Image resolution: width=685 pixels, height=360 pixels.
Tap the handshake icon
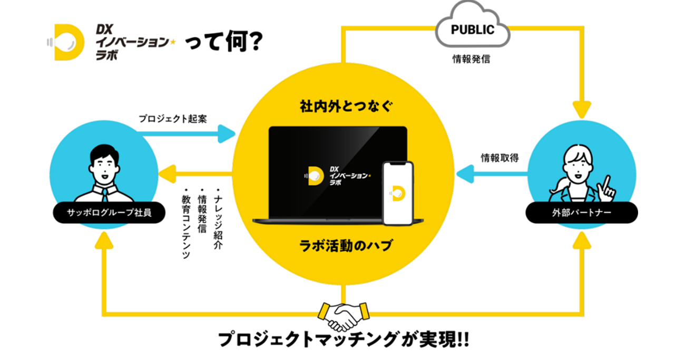click(x=344, y=317)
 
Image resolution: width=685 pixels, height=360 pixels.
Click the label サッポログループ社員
click(x=109, y=212)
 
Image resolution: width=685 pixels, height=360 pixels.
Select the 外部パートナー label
click(x=581, y=212)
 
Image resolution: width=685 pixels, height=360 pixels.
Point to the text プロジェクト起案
click(x=173, y=119)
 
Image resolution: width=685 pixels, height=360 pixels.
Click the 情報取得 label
click(x=500, y=158)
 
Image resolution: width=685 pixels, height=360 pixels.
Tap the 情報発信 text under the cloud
click(x=471, y=59)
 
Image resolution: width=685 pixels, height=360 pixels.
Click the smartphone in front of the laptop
click(x=398, y=193)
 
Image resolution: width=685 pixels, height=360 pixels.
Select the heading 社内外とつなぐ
click(x=346, y=106)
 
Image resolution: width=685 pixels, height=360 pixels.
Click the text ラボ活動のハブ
click(x=346, y=246)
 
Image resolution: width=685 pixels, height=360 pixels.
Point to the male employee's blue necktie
click(x=104, y=195)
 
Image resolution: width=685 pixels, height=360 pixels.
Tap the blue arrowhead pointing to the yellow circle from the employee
click(x=226, y=134)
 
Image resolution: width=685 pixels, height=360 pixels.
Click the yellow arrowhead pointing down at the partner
click(x=582, y=110)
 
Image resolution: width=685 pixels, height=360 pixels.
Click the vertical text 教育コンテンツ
click(x=186, y=224)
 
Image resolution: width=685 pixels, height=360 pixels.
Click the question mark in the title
click(x=253, y=41)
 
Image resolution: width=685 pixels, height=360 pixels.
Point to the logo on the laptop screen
click(x=337, y=176)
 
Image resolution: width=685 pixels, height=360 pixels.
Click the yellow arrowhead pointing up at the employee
click(x=104, y=240)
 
